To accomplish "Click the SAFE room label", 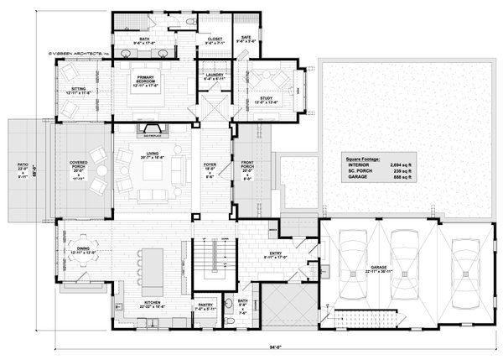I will (x=245, y=39).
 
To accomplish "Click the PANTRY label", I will (x=205, y=307).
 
